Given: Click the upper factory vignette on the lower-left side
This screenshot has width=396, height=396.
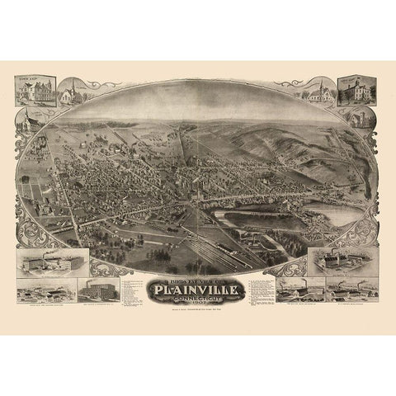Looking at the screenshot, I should [44, 263].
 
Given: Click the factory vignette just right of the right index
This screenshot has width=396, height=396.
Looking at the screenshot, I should [300, 290].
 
